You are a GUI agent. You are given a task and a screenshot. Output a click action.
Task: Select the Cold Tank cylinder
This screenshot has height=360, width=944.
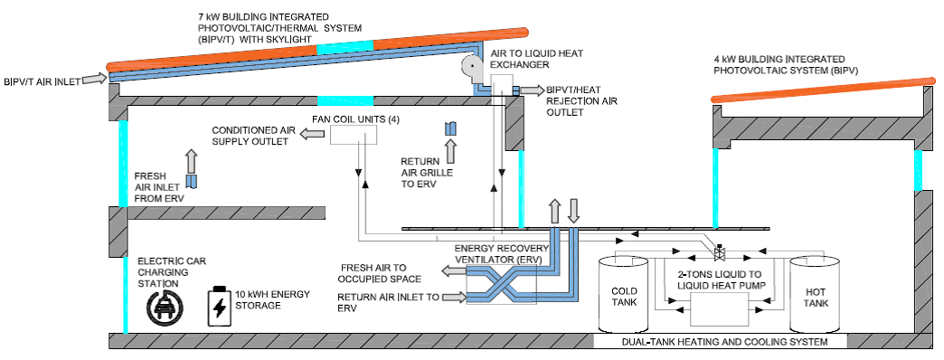[622, 295]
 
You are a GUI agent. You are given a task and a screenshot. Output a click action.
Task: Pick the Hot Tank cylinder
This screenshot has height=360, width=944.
[815, 295]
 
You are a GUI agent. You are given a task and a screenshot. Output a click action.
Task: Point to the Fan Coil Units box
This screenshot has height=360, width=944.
[354, 135]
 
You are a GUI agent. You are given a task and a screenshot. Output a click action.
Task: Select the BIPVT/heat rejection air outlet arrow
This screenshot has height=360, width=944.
[533, 90]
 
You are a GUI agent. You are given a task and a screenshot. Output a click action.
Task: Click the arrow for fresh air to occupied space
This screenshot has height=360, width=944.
[454, 272]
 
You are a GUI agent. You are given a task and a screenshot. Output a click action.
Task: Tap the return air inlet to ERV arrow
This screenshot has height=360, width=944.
[454, 296]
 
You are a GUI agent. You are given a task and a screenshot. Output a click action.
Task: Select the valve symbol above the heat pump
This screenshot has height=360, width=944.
[719, 251]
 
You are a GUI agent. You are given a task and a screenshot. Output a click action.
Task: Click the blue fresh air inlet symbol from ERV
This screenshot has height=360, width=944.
[192, 181]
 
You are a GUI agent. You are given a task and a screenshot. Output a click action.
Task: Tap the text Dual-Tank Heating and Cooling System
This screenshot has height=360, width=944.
[723, 342]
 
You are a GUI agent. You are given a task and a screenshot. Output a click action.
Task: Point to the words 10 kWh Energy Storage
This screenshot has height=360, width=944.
[273, 299]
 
